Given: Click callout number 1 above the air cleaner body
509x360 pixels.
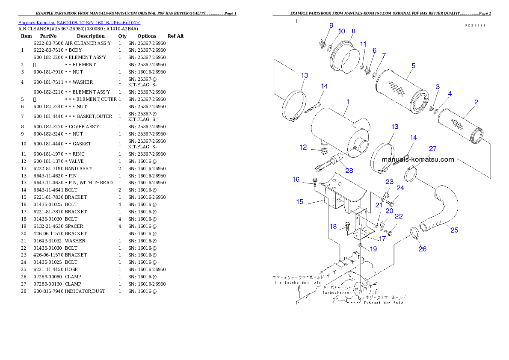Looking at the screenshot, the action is (x=348, y=102).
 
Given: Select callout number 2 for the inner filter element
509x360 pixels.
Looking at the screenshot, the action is (x=476, y=102).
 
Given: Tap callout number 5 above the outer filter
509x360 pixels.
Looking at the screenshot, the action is (x=413, y=66).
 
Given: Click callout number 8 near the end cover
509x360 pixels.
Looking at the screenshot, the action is (x=353, y=31).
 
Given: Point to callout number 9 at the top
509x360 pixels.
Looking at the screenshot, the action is (x=331, y=26).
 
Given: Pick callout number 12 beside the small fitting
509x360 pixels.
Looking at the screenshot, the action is (x=303, y=148).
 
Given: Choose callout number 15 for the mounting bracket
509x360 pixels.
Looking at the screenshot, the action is (x=300, y=201).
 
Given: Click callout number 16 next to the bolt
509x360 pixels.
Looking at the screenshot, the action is (x=296, y=180).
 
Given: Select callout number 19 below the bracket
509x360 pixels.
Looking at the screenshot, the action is (x=373, y=249).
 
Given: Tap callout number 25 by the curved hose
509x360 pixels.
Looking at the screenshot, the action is (x=454, y=230).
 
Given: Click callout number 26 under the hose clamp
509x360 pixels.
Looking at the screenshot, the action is (x=422, y=249).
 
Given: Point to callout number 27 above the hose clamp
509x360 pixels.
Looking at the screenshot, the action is (x=433, y=149).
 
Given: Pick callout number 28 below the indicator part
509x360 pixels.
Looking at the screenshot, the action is (x=349, y=171).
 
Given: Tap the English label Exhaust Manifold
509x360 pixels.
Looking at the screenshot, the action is (x=383, y=302).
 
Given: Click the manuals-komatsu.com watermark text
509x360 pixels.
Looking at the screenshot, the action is (x=417, y=159).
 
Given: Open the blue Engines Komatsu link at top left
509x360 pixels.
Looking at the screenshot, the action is (x=79, y=22).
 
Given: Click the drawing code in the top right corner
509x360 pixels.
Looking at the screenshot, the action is (x=476, y=26).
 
